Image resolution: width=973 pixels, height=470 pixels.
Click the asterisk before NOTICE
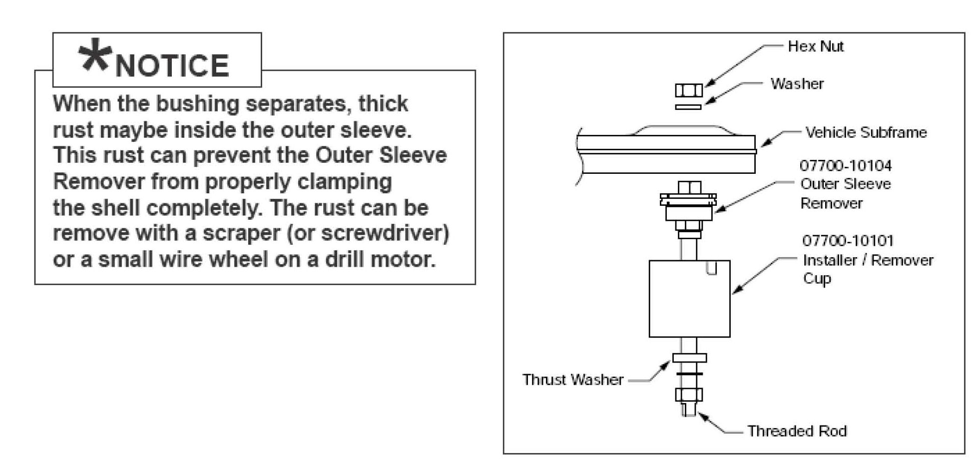(94, 56)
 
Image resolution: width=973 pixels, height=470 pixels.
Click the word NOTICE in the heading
(172, 65)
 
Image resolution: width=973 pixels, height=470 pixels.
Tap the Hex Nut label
(815, 46)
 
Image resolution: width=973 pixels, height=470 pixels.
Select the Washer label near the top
(797, 83)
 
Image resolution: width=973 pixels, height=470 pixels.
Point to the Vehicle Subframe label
(866, 132)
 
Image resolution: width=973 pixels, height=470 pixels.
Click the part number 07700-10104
(845, 165)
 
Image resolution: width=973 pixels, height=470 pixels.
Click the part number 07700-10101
(848, 241)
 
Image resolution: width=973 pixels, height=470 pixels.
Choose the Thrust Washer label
(573, 380)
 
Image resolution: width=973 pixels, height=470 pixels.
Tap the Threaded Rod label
(797, 431)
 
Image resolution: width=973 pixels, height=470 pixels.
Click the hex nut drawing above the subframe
(689, 90)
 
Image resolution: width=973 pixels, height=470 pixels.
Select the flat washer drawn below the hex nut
(688, 106)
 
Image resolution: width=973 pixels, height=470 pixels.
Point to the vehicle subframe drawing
(667, 152)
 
